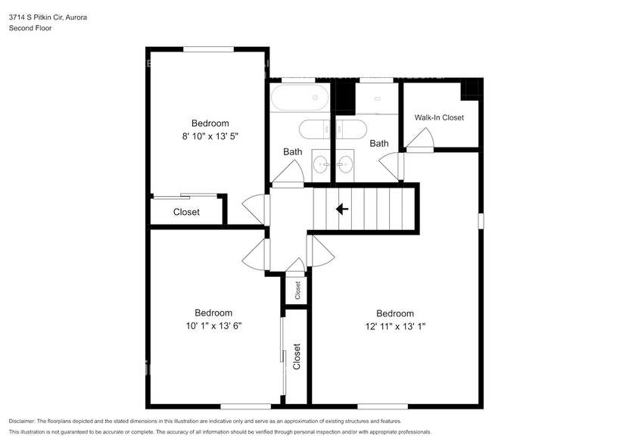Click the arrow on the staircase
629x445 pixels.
point(342,209)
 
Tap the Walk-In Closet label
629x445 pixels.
point(439,117)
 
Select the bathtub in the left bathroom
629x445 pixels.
point(300,98)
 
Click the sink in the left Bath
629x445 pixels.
point(321,162)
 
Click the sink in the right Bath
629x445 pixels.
point(346,162)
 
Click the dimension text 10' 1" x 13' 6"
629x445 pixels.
point(213,325)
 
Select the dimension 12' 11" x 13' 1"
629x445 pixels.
point(394,326)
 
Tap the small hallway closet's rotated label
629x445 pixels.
point(297,290)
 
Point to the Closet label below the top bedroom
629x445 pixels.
point(186,212)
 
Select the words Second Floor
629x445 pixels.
point(30,28)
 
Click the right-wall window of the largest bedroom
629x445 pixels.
point(480,220)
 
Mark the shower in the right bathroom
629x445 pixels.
point(378,98)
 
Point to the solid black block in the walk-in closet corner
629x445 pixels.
point(472,88)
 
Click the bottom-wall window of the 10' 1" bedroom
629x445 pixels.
point(246,406)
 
